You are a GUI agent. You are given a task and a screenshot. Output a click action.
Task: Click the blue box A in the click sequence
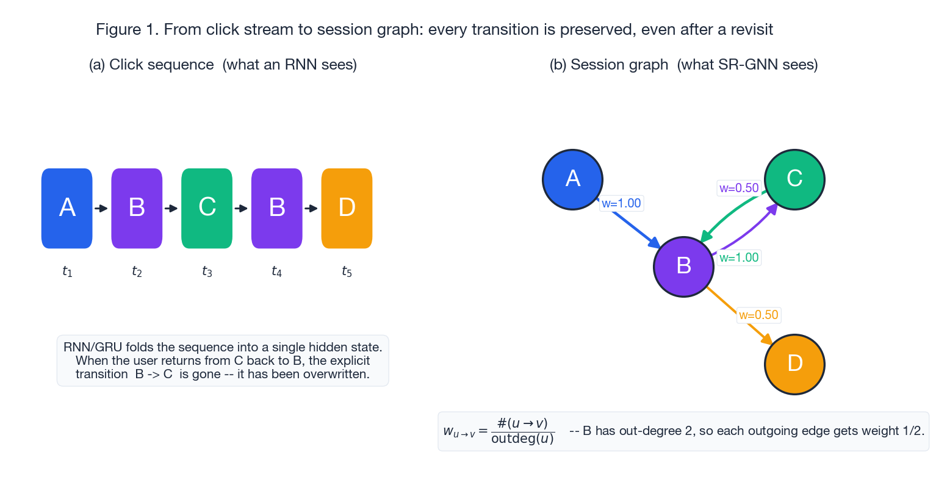[x=67, y=208]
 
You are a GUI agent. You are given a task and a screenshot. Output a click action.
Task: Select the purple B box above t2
[x=137, y=208]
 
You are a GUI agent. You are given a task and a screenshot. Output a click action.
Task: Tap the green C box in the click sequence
[x=207, y=208]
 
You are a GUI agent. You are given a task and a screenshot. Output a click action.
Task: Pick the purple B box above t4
[x=277, y=208]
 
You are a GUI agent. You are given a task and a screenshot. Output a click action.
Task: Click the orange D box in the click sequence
[x=347, y=208]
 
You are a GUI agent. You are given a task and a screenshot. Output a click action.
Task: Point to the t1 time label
[x=67, y=271]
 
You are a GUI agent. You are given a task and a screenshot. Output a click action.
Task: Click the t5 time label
[x=347, y=271]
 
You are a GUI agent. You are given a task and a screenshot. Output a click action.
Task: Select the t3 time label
[x=207, y=271]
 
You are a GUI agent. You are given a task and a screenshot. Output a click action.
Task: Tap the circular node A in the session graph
[x=572, y=179]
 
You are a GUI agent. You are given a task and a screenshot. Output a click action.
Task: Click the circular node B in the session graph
[x=683, y=267]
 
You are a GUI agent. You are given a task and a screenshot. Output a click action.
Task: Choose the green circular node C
[x=794, y=179]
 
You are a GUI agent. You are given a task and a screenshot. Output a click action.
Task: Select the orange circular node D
[x=794, y=364]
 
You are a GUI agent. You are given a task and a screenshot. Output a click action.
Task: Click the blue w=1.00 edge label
[x=621, y=204]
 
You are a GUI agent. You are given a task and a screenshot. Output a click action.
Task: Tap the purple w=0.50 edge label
[x=738, y=189]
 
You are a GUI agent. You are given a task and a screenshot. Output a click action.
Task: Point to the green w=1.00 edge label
[x=739, y=258]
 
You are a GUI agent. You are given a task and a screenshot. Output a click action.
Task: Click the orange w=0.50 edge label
[x=758, y=315]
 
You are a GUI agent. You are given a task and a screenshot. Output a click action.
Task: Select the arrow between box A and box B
[x=101, y=209]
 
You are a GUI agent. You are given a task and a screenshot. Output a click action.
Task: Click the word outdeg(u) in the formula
[x=522, y=439]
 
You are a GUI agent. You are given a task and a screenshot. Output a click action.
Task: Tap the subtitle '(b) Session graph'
[x=608, y=65]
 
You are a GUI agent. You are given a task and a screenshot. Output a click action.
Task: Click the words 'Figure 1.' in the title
[x=128, y=29]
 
